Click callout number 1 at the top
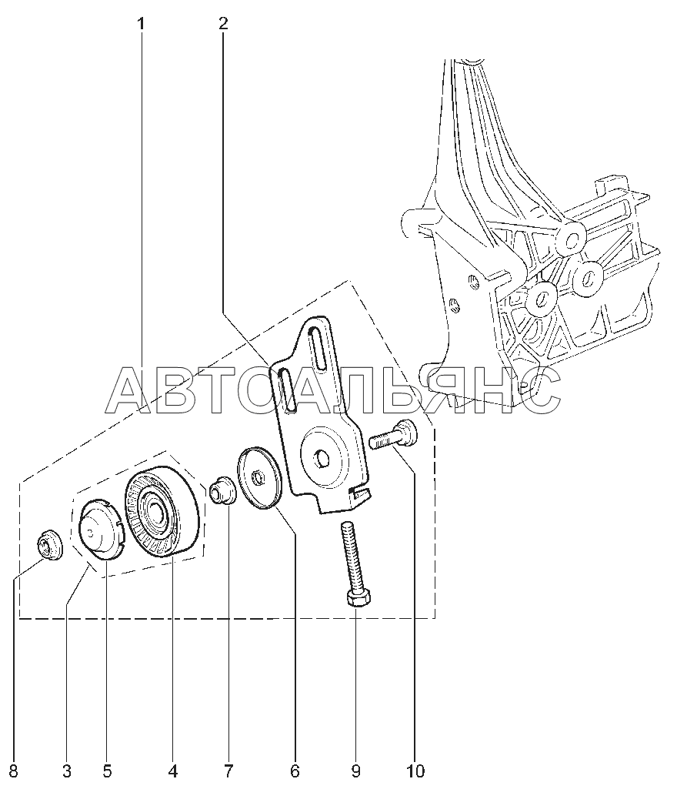point(141,24)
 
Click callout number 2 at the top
point(222,24)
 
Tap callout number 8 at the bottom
point(13,770)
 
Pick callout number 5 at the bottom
point(106,770)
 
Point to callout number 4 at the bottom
point(172,770)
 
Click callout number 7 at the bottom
point(228,770)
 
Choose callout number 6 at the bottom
point(294,770)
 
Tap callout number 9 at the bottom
point(355,770)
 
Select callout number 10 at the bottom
point(415,770)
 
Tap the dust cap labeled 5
point(102,528)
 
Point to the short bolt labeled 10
point(392,439)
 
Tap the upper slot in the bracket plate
point(315,350)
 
